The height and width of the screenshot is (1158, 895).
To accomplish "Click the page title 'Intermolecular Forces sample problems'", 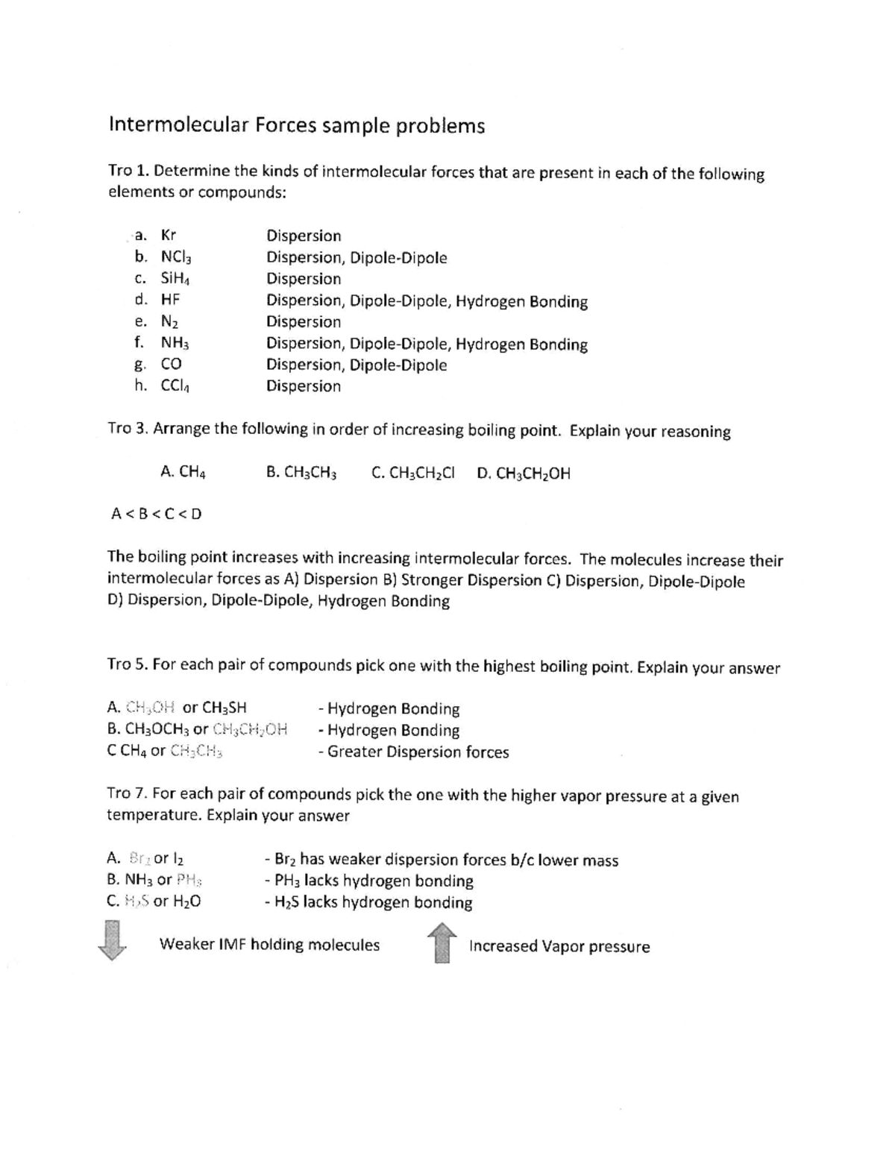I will pos(297,125).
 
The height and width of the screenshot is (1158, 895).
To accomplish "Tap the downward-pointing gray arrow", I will pos(111,941).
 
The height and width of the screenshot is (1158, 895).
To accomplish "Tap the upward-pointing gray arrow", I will pos(442,943).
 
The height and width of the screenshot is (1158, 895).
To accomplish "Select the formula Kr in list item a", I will pos(169,236).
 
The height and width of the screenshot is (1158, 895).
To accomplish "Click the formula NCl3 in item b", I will pos(176,258).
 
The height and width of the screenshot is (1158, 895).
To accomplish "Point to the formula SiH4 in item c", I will pos(176,279).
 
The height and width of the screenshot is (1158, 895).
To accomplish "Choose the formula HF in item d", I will pos(171,300).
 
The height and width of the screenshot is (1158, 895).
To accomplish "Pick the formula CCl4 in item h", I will pos(176,386).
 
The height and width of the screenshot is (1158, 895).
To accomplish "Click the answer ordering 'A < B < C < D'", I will pos(156,514).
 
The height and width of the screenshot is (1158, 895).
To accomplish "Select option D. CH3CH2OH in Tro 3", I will pos(524,473).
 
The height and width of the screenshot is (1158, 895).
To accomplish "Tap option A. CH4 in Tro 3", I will pos(183,472).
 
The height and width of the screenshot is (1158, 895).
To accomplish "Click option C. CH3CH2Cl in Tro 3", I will pos(412,473).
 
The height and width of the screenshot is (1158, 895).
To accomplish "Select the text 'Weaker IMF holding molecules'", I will pos(269,945).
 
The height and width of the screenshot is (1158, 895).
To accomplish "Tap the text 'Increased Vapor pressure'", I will pos(559,947).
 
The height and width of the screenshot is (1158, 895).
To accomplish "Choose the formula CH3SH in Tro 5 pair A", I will pos(224,708).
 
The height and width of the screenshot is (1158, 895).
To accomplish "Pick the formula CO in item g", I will pos(172,365).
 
